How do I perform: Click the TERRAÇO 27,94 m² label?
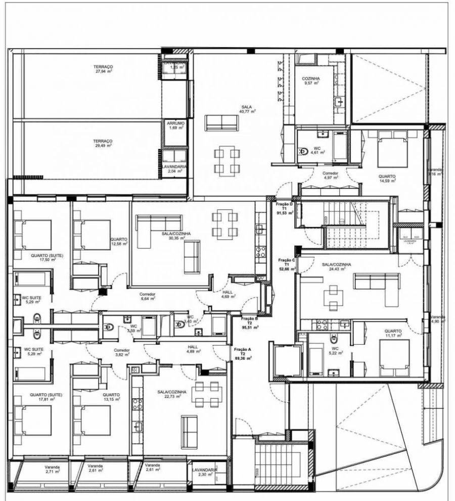coord(103,69)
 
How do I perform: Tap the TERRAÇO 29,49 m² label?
coord(103,143)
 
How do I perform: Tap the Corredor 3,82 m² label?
coord(122,353)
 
